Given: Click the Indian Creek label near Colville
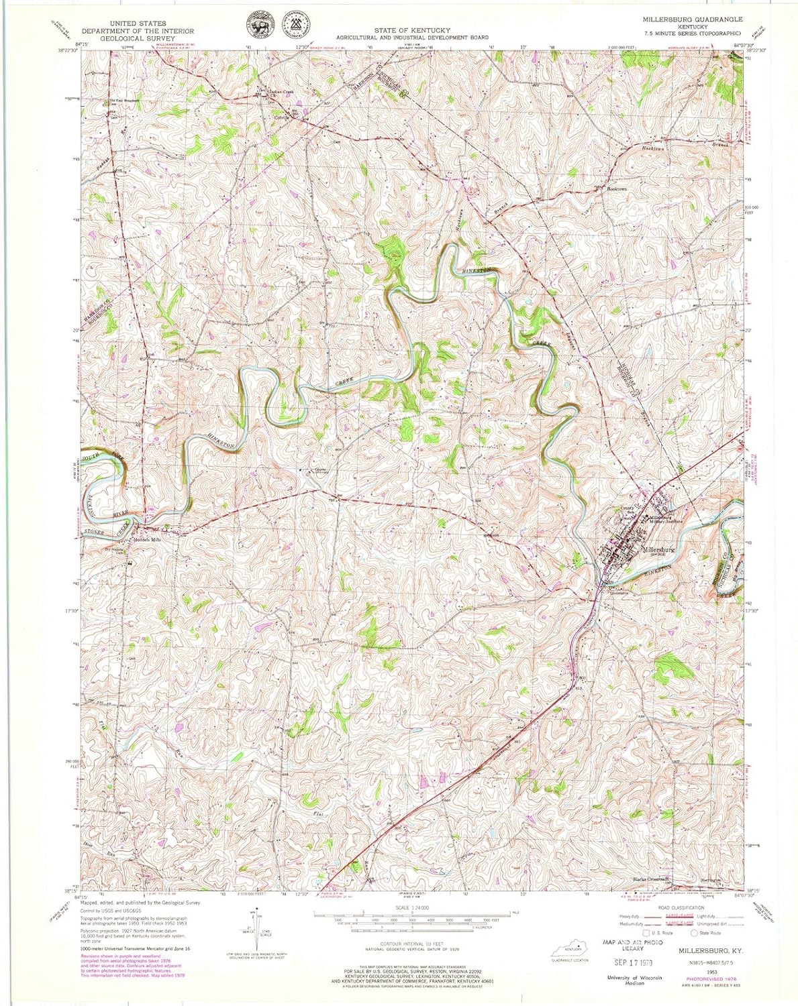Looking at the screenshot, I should coord(282,92).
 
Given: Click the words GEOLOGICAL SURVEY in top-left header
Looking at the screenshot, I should coord(138,38).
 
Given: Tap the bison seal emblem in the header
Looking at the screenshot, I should coord(258,25).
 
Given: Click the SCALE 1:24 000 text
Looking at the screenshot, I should coord(412,908).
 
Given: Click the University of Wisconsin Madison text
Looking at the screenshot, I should coord(634,979).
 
